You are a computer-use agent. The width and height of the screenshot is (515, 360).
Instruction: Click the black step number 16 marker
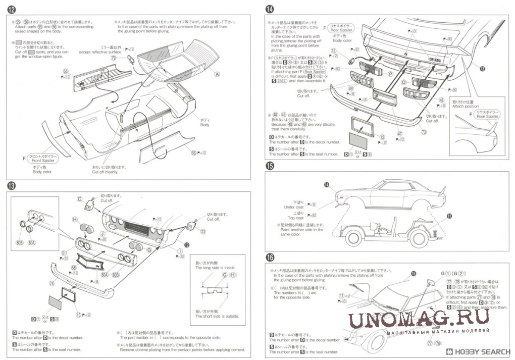(x=270, y=256)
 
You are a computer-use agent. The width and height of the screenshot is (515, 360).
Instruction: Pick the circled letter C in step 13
(x=79, y=198)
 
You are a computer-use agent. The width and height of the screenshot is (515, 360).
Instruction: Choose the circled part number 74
(x=51, y=283)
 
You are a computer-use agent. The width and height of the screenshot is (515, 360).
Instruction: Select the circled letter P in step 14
(x=390, y=74)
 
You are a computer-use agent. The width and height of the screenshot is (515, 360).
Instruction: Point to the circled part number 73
(x=424, y=132)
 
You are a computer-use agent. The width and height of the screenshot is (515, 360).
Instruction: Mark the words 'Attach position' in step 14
(x=466, y=107)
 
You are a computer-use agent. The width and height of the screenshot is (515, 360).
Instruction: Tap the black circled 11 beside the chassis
(x=449, y=216)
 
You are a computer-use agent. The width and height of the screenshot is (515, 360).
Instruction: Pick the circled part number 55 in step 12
(x=66, y=71)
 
